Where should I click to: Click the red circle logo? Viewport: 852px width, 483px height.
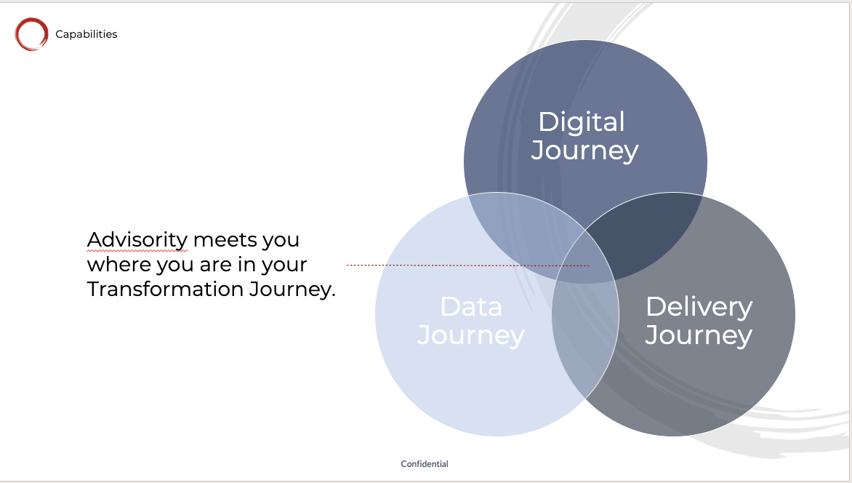[x=17, y=34]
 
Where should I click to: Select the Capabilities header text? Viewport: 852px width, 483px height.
[x=87, y=34]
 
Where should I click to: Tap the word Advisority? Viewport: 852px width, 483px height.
[x=137, y=240]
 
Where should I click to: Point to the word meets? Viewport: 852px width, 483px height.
[x=225, y=240]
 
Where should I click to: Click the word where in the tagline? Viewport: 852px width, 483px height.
[x=119, y=264]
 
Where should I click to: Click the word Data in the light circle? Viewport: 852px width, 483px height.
[x=471, y=307]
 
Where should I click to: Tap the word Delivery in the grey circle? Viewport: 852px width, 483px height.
[x=699, y=307]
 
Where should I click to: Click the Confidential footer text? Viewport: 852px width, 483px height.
[x=425, y=464]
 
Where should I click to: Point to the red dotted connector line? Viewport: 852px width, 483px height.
[x=468, y=266]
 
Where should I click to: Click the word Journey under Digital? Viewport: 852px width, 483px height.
[x=584, y=151]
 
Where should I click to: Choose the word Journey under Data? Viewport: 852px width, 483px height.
[x=470, y=335]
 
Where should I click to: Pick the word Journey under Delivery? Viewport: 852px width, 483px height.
[x=699, y=335]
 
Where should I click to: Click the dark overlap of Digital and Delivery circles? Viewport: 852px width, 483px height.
[x=641, y=234]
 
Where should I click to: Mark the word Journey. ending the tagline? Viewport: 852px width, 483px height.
[x=292, y=290]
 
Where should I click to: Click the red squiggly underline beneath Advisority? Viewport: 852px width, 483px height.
[x=137, y=251]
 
